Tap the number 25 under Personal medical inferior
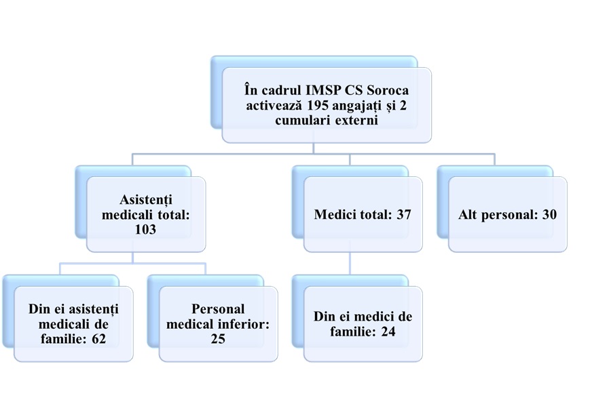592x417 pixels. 217,338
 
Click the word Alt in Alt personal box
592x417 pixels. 470,214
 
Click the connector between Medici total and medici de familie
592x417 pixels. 350,264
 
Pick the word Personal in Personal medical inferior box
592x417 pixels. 218,309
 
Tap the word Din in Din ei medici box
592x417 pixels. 326,317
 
